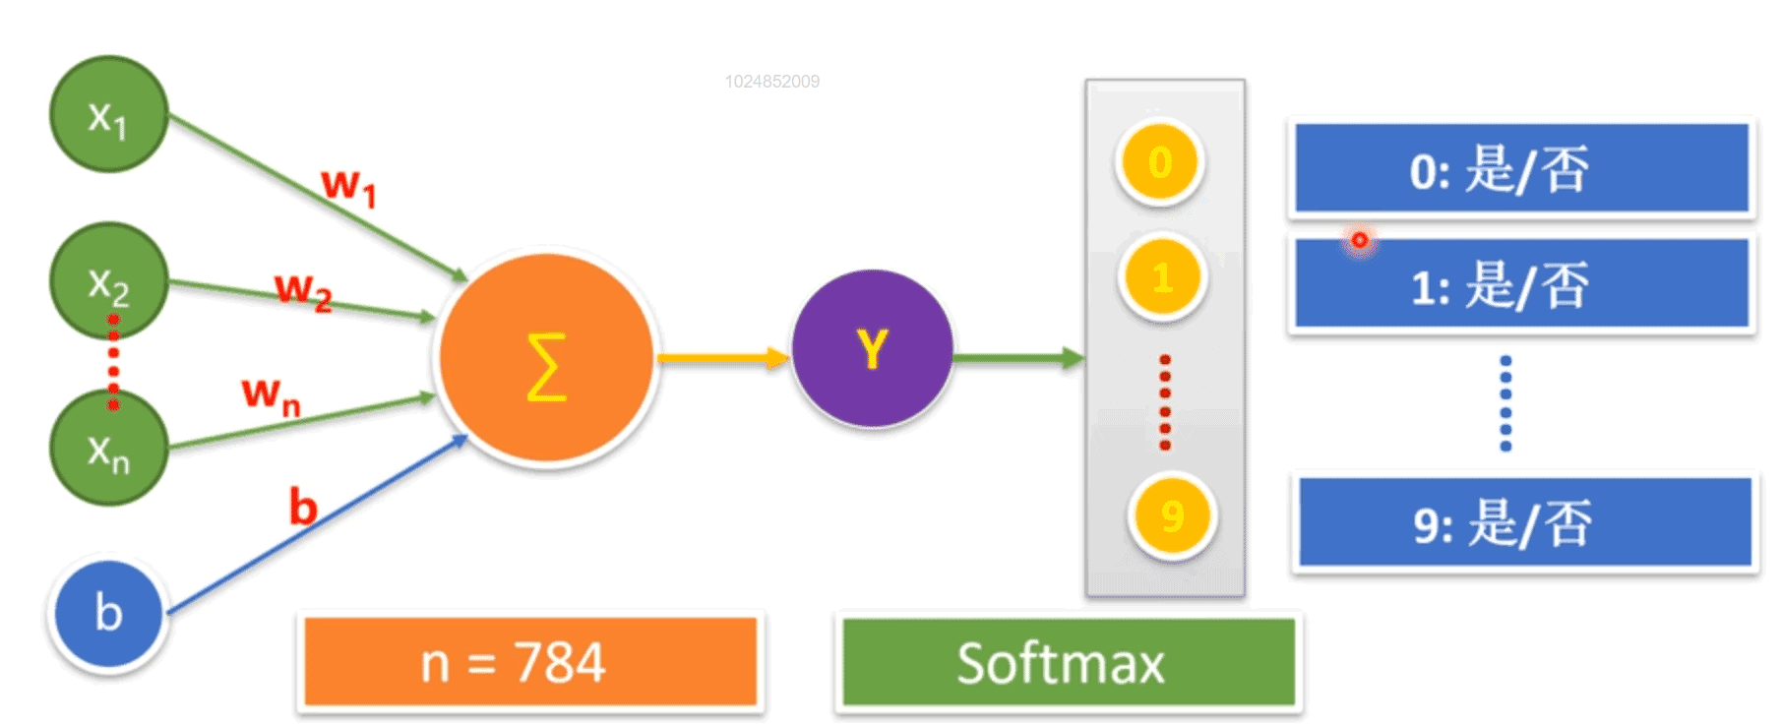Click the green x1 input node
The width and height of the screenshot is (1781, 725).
pyautogui.click(x=108, y=115)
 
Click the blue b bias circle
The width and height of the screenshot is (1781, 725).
pyautogui.click(x=108, y=613)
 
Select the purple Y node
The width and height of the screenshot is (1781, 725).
pyautogui.click(x=872, y=348)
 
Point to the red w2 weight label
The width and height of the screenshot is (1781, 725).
pyautogui.click(x=302, y=290)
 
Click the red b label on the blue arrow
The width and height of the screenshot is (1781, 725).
pyautogui.click(x=303, y=508)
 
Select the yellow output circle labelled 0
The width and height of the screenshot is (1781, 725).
pyautogui.click(x=1161, y=163)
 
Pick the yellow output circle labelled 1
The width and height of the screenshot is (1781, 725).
pyautogui.click(x=1163, y=278)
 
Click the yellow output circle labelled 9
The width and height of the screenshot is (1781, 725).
pyautogui.click(x=1171, y=516)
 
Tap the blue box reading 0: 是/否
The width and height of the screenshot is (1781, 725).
pyautogui.click(x=1521, y=168)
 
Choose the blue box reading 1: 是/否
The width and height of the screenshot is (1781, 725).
pyautogui.click(x=1521, y=285)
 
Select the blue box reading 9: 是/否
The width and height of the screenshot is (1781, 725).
pyautogui.click(x=1525, y=523)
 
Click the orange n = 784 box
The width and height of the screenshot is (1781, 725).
pyautogui.click(x=530, y=662)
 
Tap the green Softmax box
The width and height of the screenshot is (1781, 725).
pyautogui.click(x=1069, y=662)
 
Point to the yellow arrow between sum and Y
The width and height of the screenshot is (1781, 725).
pyautogui.click(x=722, y=358)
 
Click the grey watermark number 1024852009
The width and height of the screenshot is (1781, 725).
pyautogui.click(x=772, y=82)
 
